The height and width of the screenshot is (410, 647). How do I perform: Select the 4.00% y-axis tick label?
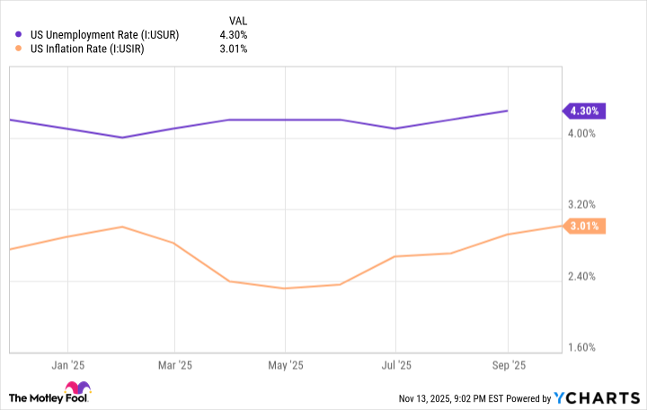click(581, 134)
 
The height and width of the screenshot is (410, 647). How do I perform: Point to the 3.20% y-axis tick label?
click(581, 205)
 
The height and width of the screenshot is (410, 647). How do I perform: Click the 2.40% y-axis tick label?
click(581, 276)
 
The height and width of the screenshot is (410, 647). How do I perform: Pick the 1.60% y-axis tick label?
click(581, 347)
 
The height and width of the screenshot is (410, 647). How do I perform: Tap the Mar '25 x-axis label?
click(175, 365)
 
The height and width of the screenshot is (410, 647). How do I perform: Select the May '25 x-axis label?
click(285, 365)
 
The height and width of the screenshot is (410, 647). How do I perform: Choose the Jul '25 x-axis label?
click(396, 365)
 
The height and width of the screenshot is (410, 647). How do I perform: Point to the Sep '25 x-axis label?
click(508, 365)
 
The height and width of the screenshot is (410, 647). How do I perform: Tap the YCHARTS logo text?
click(598, 397)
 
